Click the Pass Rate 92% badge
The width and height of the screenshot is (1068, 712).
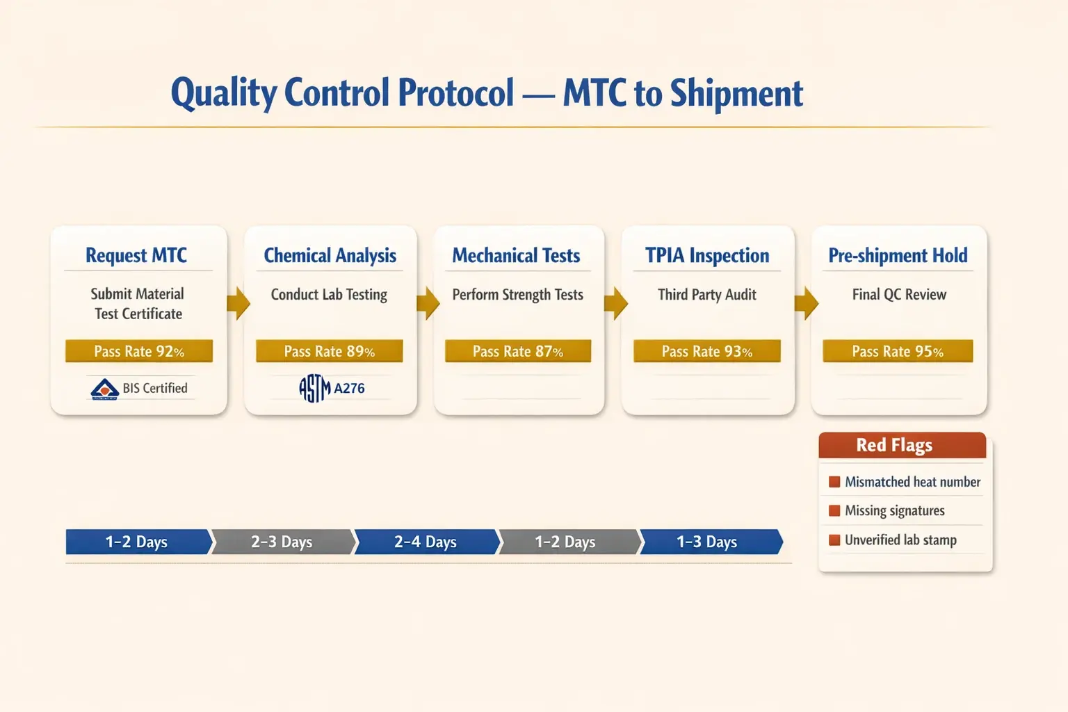click(139, 351)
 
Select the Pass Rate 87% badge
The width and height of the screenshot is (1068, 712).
click(518, 351)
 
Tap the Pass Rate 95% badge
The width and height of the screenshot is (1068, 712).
click(898, 351)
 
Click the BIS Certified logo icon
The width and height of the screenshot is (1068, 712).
click(105, 389)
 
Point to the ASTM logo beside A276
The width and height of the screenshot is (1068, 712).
click(314, 388)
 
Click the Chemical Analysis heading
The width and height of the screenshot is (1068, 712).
click(330, 256)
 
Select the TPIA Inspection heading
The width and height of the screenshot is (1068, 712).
click(707, 256)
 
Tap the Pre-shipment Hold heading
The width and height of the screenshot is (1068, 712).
click(898, 256)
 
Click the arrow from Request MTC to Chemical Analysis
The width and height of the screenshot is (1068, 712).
click(238, 303)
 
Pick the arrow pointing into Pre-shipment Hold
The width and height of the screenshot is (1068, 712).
click(806, 303)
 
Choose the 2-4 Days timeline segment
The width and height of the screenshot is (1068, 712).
click(426, 542)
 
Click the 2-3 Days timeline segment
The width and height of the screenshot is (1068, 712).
click(282, 542)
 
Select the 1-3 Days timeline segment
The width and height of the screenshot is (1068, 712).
click(708, 542)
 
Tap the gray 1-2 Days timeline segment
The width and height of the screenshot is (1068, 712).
click(566, 542)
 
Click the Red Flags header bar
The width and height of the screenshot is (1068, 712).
click(902, 445)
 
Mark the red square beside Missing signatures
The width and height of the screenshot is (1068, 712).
click(834, 511)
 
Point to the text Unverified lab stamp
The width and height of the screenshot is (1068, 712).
click(900, 540)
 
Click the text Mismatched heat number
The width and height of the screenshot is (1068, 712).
click(912, 482)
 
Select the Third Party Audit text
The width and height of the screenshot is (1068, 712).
click(707, 295)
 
